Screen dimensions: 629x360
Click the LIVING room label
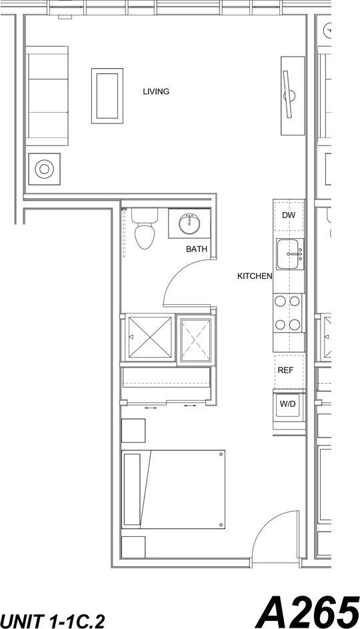[156, 92]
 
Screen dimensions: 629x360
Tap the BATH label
[196, 249]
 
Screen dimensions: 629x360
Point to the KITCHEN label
[255, 275]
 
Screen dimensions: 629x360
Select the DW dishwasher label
[288, 215]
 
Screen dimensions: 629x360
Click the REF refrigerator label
[286, 370]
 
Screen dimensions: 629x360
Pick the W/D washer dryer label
[287, 404]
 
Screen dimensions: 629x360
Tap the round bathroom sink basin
[190, 222]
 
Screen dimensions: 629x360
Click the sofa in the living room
[47, 95]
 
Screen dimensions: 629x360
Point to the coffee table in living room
[107, 95]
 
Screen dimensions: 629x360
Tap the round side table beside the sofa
[44, 169]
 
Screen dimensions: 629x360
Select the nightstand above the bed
[133, 430]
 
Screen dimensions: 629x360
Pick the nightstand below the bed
[133, 546]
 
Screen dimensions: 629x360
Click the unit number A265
[306, 610]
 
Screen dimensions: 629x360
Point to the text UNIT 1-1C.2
[52, 622]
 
